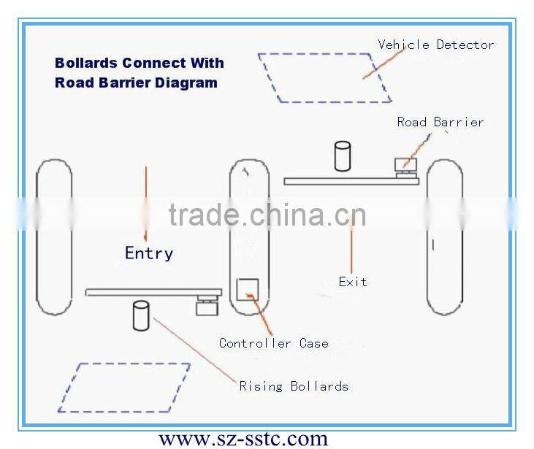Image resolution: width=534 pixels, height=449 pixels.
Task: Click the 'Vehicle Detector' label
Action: tap(435, 45)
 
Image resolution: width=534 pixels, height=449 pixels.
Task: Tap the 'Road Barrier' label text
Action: tap(440, 122)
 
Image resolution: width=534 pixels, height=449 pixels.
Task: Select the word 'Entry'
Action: tap(149, 253)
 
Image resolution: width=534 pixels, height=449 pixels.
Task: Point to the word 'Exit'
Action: tap(353, 282)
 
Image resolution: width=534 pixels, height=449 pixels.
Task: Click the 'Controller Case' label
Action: tap(274, 343)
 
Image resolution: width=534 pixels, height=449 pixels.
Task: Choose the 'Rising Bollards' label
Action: tap(294, 385)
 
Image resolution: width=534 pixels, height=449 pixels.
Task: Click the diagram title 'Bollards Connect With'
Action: tap(140, 63)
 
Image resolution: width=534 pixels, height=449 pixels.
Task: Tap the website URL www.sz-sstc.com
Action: tap(243, 438)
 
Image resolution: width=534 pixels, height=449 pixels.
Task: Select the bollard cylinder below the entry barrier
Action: tap(142, 315)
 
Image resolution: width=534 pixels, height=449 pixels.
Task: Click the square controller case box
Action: tap(247, 289)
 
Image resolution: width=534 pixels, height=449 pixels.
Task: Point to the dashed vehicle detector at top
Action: tap(325, 77)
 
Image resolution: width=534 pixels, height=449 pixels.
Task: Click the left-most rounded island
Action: tap(54, 237)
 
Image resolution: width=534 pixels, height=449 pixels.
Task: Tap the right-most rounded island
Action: tap(444, 237)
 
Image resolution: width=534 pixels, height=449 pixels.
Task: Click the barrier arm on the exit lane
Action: tap(351, 181)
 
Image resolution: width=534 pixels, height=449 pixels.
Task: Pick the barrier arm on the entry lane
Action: tap(153, 292)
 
